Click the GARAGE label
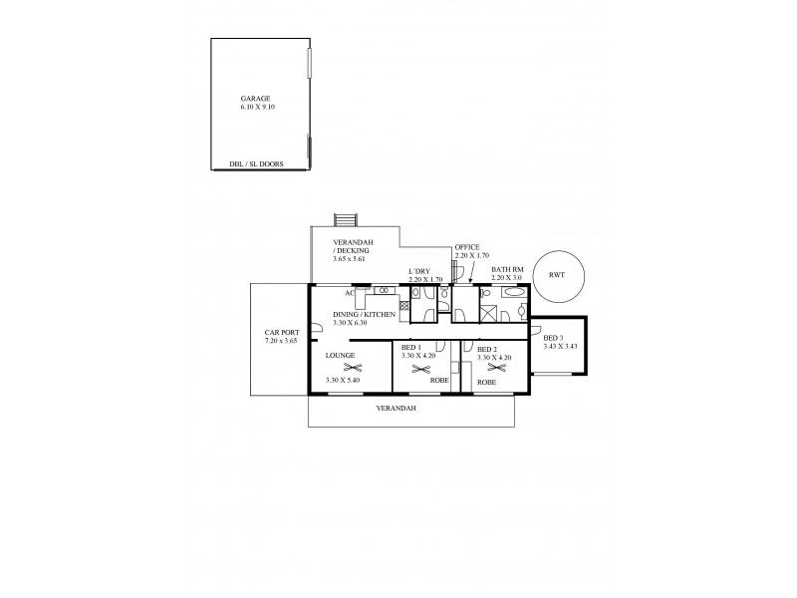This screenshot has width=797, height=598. point(256,99)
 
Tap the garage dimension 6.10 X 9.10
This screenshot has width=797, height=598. point(256,107)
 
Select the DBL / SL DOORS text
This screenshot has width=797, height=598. point(256,164)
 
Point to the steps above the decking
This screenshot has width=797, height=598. point(346,219)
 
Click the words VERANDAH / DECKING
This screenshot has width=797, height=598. point(354,247)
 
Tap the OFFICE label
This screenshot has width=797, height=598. point(467,247)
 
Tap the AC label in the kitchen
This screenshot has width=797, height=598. point(350,293)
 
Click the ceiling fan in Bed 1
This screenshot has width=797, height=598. point(414,369)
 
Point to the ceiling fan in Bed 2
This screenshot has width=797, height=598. point(491,370)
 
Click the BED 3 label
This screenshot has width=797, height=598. point(554,339)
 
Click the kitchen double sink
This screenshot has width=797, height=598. point(385,290)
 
